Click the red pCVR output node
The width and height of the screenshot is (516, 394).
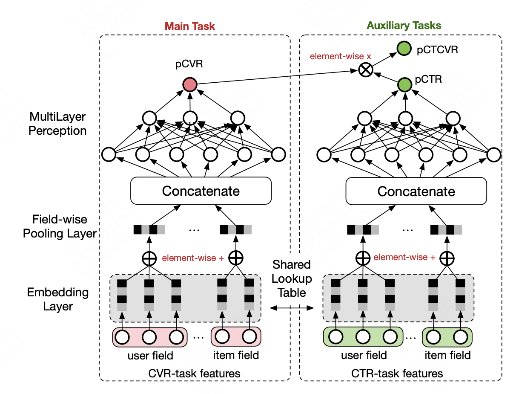(x=189, y=85)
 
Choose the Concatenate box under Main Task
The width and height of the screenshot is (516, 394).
(x=201, y=191)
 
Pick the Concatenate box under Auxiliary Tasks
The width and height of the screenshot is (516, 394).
(x=416, y=191)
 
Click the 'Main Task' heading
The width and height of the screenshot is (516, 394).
(x=189, y=26)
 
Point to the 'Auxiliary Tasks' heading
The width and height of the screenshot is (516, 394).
(x=404, y=25)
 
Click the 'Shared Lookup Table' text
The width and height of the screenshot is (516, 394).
(x=292, y=278)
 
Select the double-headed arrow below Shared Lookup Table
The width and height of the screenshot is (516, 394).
(x=291, y=307)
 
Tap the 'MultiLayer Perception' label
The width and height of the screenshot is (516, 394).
(x=57, y=123)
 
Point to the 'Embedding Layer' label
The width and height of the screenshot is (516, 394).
(x=58, y=299)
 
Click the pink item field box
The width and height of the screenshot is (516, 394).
(x=235, y=337)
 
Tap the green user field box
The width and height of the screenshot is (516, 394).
(x=363, y=337)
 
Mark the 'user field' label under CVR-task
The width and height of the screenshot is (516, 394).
(x=150, y=355)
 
